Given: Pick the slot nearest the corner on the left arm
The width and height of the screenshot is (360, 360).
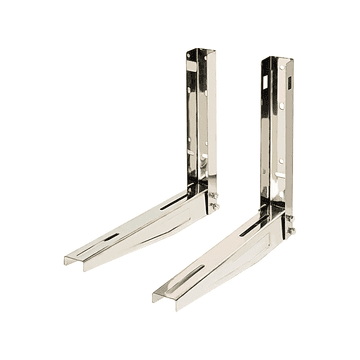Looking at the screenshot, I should coord(171,204).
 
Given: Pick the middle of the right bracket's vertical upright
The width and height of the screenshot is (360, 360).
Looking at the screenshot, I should coord(278,135).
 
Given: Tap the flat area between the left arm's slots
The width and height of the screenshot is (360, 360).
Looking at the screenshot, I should coord(139,222).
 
